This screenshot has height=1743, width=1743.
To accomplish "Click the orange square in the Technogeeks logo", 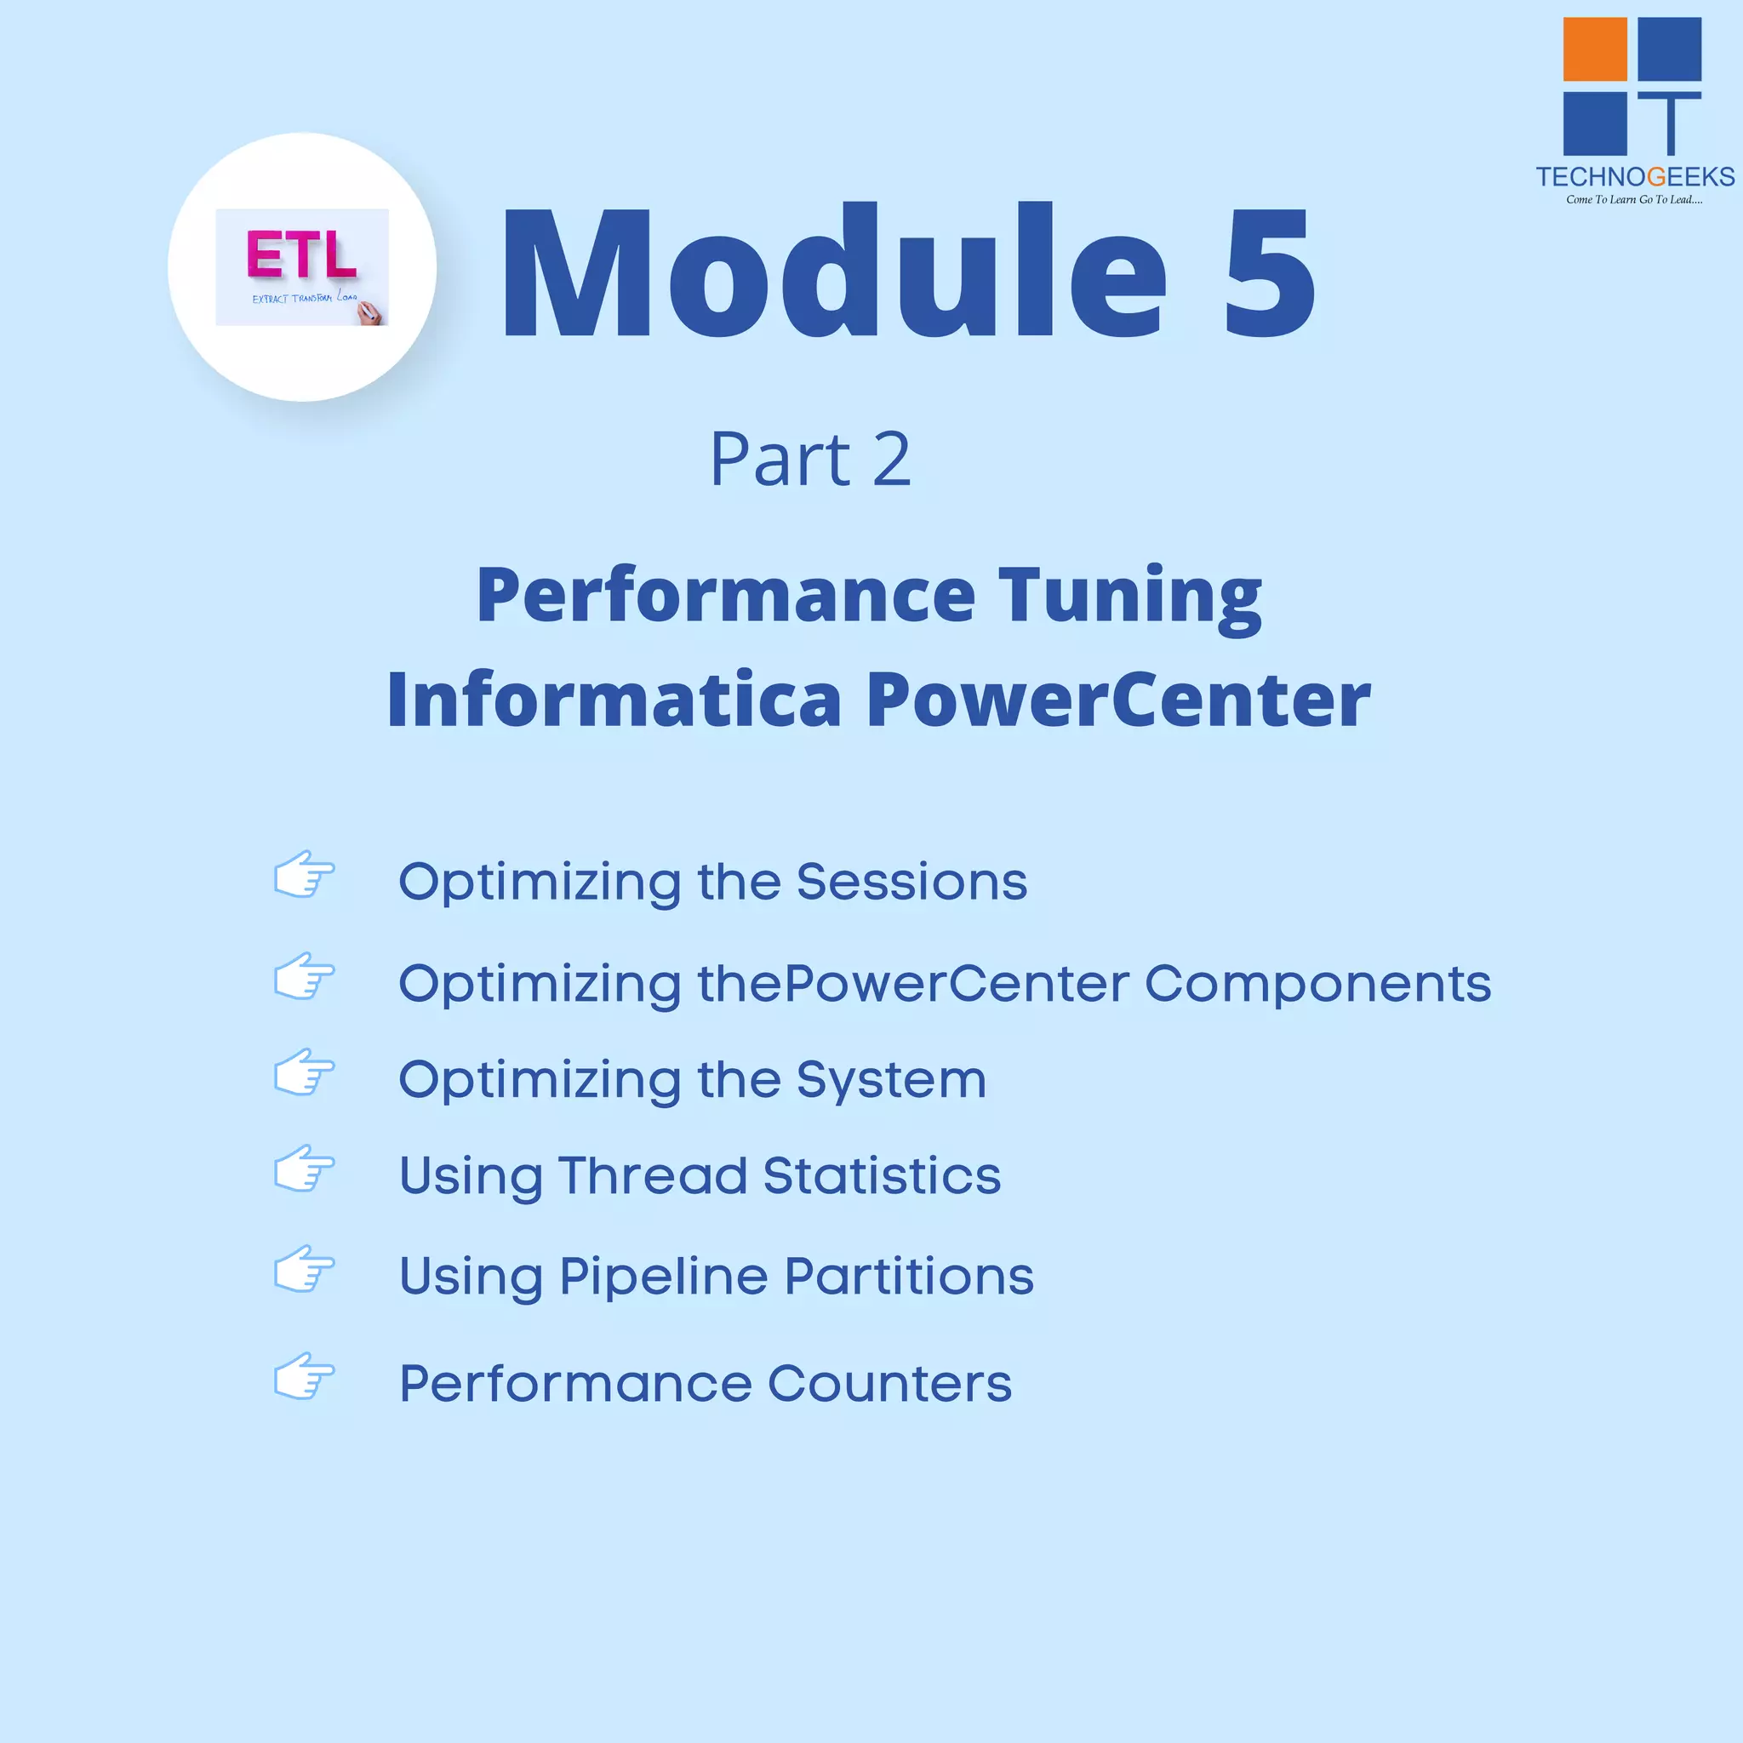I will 1594,49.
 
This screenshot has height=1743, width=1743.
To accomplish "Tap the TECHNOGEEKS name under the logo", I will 1635,177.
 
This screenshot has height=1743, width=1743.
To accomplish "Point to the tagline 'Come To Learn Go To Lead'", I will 1634,199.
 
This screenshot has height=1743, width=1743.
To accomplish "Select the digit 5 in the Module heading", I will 1269,272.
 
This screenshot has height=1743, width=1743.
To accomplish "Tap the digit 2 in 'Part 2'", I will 891,460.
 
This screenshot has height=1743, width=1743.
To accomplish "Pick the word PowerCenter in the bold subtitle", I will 1118,700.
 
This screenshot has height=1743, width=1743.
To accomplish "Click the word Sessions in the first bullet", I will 912,882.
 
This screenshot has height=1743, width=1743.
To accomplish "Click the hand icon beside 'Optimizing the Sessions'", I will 304,874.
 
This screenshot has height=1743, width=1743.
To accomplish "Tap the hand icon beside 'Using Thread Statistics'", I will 304,1169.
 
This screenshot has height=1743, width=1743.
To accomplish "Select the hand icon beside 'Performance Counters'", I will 304,1377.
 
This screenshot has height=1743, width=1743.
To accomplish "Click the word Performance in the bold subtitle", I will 726,597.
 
